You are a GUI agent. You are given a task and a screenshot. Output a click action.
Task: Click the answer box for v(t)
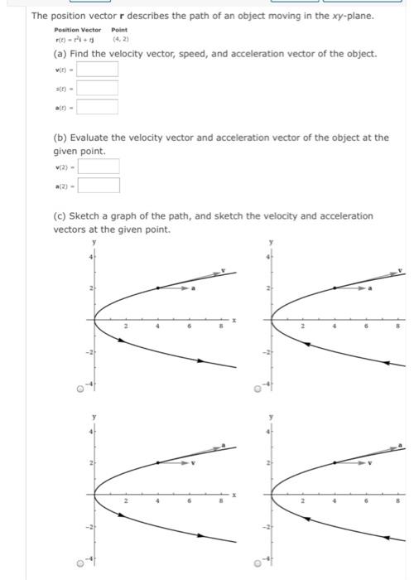pyautogui.click(x=99, y=69)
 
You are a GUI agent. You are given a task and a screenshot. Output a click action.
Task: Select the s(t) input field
pyautogui.click(x=99, y=87)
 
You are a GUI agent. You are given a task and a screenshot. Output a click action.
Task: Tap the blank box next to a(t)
pyautogui.click(x=99, y=106)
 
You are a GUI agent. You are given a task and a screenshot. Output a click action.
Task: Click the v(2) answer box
pyautogui.click(x=99, y=167)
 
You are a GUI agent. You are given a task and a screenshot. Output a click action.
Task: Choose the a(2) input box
pyautogui.click(x=99, y=186)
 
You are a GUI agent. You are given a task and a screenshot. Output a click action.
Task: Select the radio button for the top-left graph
pyautogui.click(x=79, y=388)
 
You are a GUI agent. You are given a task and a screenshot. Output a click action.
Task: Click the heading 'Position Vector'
pyautogui.click(x=77, y=30)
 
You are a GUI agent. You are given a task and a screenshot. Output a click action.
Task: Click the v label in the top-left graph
pyautogui.click(x=222, y=270)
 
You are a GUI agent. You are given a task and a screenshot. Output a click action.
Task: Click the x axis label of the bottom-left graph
pyautogui.click(x=234, y=495)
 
